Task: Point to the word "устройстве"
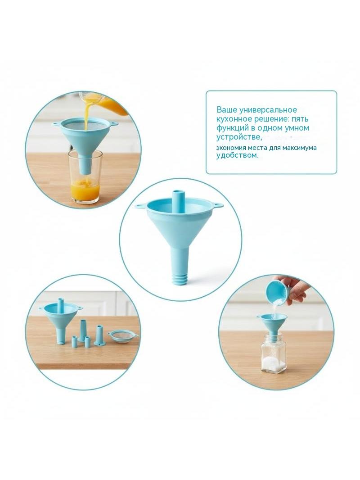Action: [239, 137]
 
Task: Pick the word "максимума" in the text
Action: [300, 148]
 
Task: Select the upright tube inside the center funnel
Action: [178, 202]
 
